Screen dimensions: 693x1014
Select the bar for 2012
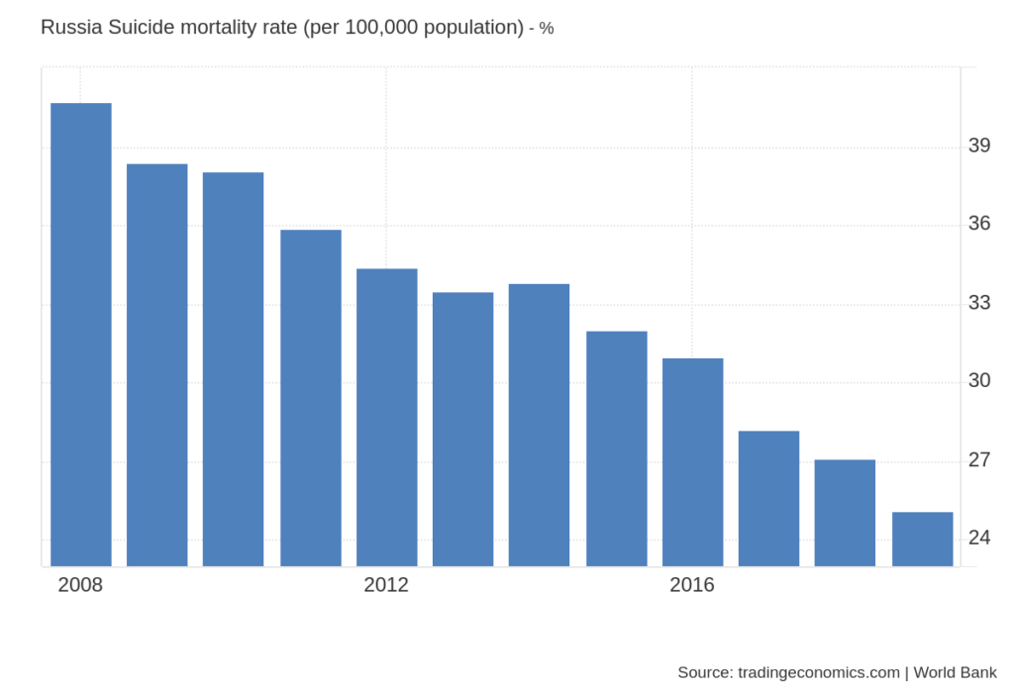click(386, 417)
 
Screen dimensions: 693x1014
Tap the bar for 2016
click(692, 461)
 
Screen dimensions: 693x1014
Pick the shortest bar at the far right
click(922, 539)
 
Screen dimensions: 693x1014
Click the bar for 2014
click(539, 425)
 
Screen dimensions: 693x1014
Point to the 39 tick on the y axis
click(979, 146)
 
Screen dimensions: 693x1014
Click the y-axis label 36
click(979, 224)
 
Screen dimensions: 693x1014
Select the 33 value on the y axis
click(979, 302)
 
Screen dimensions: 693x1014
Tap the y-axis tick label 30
click(979, 381)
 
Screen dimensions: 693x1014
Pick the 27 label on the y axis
click(979, 460)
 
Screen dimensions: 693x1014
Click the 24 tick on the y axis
click(979, 538)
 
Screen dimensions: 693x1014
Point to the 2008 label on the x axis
click(80, 585)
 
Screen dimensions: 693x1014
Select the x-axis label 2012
click(386, 585)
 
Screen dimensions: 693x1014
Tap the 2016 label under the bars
click(692, 585)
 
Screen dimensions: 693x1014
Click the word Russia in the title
click(71, 28)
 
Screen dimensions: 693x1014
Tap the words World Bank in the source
click(955, 672)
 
